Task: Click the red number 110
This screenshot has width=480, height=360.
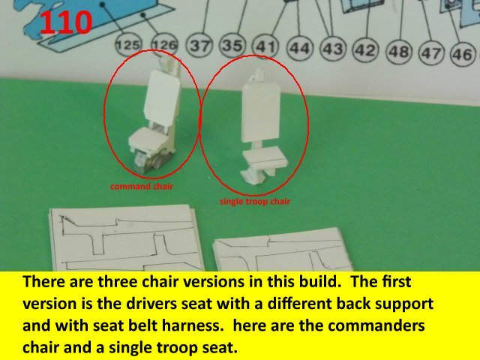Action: [66, 22]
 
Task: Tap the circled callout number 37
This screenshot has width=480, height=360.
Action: [200, 46]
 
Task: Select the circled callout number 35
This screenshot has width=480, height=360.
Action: [232, 46]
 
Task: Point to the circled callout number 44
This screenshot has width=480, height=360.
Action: [300, 48]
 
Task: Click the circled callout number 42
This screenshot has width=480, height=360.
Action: [366, 50]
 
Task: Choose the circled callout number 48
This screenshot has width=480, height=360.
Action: [400, 52]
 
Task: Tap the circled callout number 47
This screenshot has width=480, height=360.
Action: [432, 53]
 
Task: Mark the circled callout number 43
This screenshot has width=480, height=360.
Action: [333, 49]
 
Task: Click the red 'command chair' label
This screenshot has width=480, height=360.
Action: [142, 187]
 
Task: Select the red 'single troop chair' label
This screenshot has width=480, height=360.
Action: [255, 202]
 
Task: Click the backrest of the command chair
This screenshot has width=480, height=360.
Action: [161, 98]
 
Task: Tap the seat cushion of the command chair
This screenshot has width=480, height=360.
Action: [148, 139]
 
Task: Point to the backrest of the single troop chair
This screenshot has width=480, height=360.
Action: [261, 112]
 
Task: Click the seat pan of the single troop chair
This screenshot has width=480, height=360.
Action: [265, 157]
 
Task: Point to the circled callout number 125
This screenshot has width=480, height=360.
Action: [128, 45]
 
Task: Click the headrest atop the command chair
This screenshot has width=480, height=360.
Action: [167, 64]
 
